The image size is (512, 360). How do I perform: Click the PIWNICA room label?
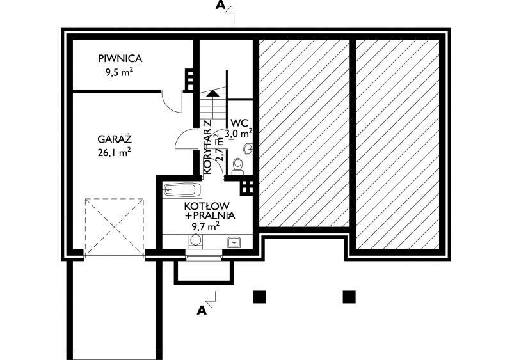[120, 59]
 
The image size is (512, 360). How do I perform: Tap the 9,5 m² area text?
[119, 72]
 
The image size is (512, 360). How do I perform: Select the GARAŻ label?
[115, 139]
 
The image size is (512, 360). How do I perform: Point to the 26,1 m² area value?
[115, 152]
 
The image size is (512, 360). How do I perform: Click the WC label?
[239, 123]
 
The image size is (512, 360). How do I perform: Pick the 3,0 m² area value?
[239, 133]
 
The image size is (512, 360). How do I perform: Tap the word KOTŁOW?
[207, 207]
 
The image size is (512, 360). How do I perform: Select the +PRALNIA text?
[210, 215]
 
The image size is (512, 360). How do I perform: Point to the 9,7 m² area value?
[205, 226]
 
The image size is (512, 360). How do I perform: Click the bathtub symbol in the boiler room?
[182, 190]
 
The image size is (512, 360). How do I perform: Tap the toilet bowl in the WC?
[237, 166]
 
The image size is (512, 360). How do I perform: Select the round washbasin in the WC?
[248, 149]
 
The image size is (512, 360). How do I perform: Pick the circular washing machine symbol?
[196, 240]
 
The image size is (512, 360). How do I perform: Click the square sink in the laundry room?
[234, 242]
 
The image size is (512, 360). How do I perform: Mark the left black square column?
[260, 297]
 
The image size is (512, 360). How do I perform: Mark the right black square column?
[349, 297]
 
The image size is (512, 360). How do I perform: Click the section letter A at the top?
[220, 5]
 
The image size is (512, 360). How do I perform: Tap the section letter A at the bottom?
[202, 310]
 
